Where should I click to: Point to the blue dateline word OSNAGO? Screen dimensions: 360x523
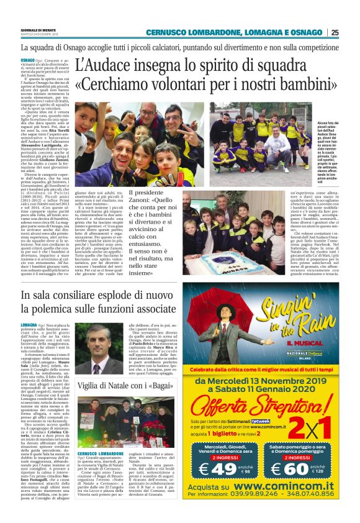[x=27, y=58]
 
